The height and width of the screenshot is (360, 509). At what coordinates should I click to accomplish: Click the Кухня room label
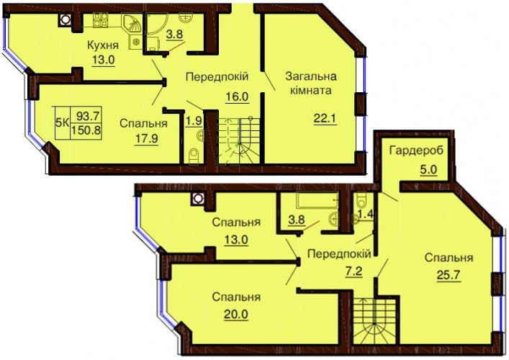coord(103,45)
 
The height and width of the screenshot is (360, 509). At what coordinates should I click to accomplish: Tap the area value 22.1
coord(325,119)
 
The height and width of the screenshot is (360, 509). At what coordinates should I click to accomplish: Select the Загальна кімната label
coord(311,84)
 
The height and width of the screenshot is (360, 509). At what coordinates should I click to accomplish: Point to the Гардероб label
coord(416,151)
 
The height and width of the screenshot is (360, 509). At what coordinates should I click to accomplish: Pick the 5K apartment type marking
coord(63,122)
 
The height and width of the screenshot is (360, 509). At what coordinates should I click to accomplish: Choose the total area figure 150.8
coord(86,130)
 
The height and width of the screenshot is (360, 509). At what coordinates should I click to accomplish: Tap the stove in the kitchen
coord(101,20)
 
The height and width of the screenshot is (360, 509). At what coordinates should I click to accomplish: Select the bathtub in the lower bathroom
coord(317,199)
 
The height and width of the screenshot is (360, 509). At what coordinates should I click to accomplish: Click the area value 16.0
coord(237,96)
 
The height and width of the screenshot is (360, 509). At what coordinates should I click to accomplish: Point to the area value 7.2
coord(353,271)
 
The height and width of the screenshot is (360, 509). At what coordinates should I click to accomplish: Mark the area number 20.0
coord(235,314)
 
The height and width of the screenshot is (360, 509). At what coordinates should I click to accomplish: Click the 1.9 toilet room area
coord(194,121)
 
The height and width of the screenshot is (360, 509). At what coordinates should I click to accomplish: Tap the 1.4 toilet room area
coord(366,214)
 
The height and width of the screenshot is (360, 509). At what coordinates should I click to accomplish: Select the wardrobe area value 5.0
coord(428,169)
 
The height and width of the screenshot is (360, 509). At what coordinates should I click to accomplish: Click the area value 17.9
coord(146,139)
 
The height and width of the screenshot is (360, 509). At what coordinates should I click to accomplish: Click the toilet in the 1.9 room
coord(194,156)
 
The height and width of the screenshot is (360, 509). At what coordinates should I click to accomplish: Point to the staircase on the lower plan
coord(375,321)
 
